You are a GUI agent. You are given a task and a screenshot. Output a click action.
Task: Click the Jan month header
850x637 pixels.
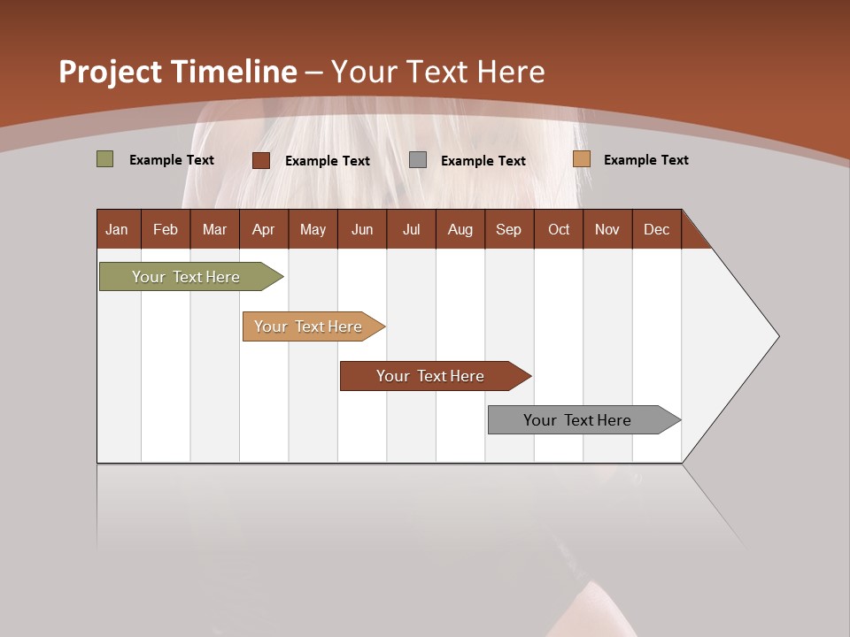[117, 229]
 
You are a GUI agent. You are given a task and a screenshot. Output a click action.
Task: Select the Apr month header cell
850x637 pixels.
[263, 229]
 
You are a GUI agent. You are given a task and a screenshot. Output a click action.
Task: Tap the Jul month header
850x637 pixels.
[411, 229]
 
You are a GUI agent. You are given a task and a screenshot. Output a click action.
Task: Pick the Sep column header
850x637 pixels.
[508, 229]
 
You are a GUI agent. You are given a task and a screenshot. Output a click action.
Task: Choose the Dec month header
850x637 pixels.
[656, 229]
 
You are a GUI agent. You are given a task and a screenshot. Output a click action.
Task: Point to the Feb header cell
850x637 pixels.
[166, 229]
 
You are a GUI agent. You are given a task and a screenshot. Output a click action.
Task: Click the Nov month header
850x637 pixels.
[607, 229]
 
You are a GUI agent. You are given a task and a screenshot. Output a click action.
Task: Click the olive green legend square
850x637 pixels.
[105, 159]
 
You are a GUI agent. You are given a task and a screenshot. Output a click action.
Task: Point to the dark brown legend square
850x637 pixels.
[261, 160]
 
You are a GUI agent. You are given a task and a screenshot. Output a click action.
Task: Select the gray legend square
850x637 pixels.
[418, 160]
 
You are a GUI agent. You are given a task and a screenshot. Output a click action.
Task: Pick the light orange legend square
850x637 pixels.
[581, 159]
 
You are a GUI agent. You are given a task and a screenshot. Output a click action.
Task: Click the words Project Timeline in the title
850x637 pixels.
[177, 72]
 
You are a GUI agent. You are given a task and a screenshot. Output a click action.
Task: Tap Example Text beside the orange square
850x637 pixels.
[645, 160]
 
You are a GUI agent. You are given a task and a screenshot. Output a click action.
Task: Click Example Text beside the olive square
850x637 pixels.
[171, 160]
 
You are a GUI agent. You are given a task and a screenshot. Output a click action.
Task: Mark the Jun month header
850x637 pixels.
[361, 229]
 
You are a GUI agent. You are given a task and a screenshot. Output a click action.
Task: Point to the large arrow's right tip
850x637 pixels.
[777, 336]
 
